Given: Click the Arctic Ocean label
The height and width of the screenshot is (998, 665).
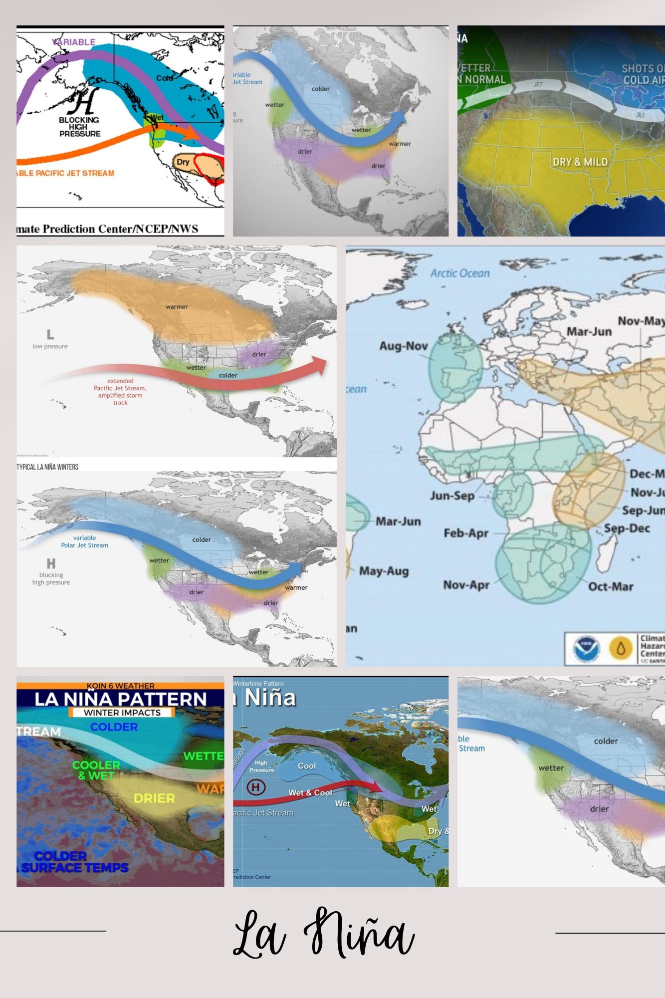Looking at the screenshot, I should [460, 273].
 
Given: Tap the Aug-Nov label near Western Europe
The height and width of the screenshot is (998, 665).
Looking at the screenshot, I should [403, 346].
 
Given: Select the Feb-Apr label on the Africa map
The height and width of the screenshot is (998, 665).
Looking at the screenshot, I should [466, 533].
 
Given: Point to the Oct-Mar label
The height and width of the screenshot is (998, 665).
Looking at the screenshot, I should [611, 586].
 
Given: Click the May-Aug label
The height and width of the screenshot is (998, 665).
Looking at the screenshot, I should [384, 571].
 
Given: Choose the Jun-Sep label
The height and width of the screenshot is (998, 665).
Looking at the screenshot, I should [452, 496].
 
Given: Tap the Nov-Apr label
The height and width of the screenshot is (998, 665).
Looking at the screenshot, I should [466, 584].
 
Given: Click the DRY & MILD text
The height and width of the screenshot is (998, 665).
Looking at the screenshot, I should [580, 162].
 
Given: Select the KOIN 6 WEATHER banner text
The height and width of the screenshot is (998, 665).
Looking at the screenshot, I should [120, 686].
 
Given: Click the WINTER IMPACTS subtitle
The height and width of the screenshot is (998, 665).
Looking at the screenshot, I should [122, 713].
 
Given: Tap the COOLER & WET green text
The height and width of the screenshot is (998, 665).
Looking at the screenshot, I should [96, 770].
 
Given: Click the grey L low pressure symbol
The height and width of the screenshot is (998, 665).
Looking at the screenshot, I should [50, 335].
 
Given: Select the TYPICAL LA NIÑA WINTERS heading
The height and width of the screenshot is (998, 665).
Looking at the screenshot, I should [47, 467].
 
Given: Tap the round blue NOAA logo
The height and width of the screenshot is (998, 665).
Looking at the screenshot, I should [586, 649].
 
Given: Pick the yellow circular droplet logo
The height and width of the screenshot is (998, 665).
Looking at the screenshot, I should [621, 649].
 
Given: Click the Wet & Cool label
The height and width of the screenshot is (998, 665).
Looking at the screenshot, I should [310, 793].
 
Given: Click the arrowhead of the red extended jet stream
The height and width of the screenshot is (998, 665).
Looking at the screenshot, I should [319, 365].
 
